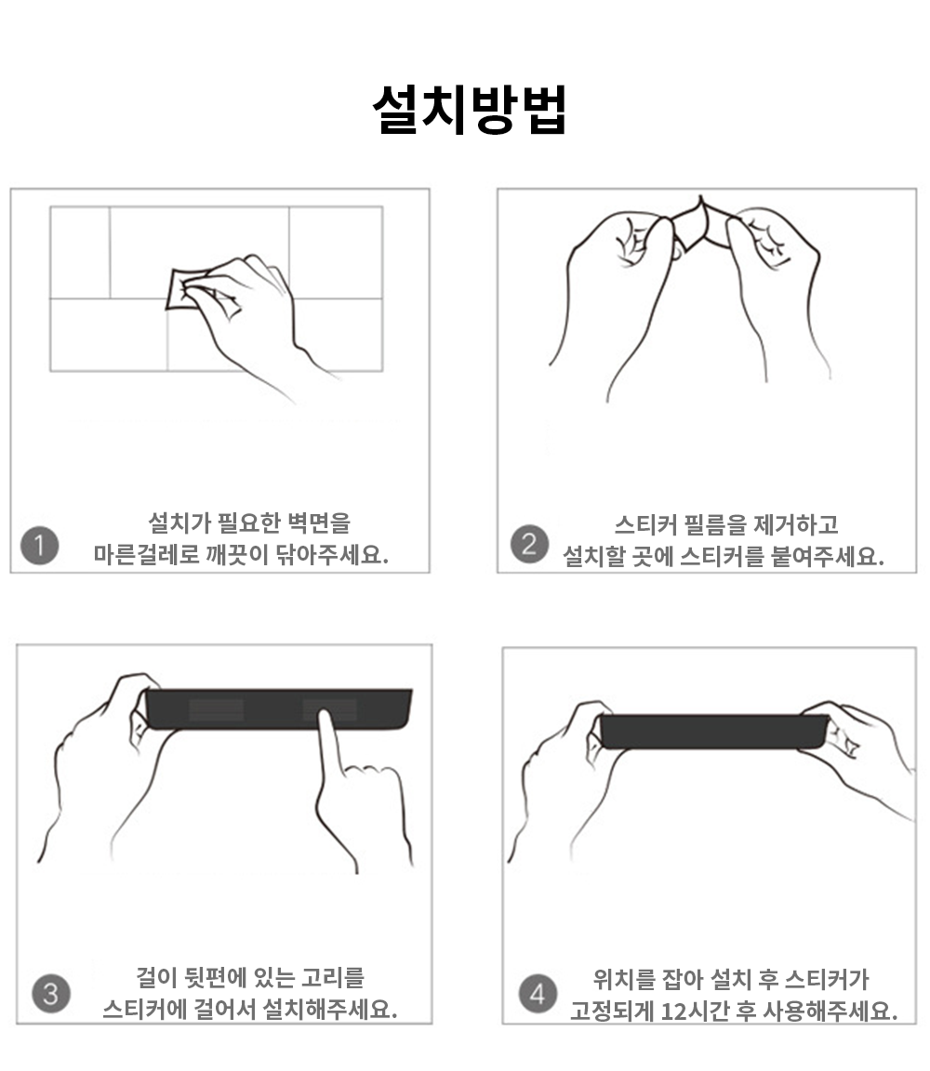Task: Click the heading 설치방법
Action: [x=470, y=110]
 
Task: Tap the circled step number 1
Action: [x=40, y=545]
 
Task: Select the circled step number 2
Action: [x=529, y=544]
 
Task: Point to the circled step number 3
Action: [x=51, y=993]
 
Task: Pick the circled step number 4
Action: [x=538, y=993]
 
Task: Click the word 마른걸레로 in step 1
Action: [x=146, y=554]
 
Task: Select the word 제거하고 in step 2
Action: [x=796, y=525]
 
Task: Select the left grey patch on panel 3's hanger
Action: [x=216, y=709]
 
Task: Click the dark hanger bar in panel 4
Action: [x=713, y=732]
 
